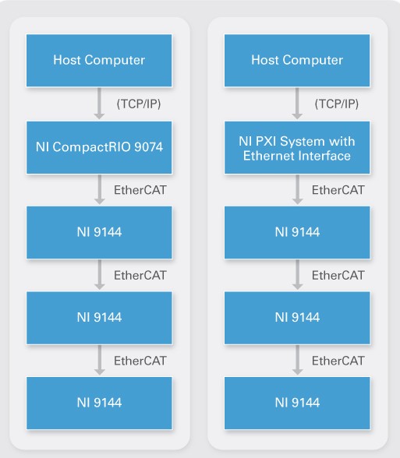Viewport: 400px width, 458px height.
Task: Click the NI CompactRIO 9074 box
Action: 99,147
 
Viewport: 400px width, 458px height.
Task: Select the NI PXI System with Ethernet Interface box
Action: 297,147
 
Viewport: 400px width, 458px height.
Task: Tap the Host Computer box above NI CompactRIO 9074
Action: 99,61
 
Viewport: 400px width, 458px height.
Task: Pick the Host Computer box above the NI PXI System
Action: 297,61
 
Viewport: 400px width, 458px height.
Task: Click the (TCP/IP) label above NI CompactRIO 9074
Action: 139,104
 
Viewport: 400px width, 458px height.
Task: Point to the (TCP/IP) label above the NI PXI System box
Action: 337,104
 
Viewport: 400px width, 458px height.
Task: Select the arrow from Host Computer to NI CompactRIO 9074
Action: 99,104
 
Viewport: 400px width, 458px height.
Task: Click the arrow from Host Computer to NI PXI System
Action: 297,104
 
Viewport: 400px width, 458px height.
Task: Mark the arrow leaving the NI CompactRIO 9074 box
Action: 100,189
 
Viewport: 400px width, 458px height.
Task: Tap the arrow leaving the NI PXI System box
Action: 297,189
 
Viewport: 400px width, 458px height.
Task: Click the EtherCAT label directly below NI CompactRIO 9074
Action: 140,190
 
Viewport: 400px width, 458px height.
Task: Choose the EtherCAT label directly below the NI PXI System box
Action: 338,190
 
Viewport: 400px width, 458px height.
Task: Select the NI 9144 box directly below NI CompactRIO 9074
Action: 99,232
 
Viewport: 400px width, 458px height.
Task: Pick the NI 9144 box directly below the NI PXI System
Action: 297,232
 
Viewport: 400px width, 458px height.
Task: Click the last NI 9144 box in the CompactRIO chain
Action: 99,403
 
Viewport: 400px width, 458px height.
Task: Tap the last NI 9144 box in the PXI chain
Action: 297,403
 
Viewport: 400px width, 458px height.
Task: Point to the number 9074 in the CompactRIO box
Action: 148,146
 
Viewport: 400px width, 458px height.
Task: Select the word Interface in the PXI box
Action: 326,156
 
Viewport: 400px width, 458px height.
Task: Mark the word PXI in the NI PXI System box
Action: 266,142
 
